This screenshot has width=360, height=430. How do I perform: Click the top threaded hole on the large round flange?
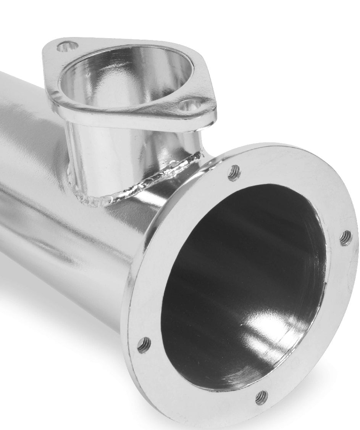click(x=234, y=173)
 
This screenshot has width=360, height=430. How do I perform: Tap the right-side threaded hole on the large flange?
click(x=345, y=238)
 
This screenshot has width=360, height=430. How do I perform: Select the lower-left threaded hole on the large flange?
click(x=144, y=345)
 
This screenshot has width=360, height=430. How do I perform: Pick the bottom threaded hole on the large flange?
click(x=262, y=397)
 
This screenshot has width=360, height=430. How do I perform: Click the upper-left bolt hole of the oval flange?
click(x=67, y=47)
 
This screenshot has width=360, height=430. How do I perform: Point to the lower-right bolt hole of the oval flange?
click(x=187, y=104)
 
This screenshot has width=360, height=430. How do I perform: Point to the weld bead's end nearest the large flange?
click(x=199, y=155)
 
